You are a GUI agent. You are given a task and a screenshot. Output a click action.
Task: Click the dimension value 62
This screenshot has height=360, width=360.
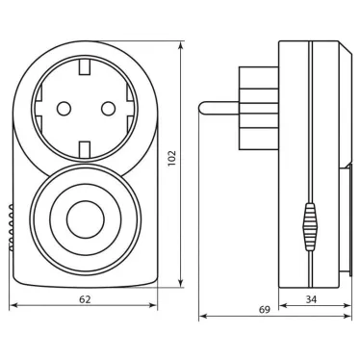[x=84, y=300]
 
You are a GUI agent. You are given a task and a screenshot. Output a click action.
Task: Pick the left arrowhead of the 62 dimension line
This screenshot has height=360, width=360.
[x=12, y=307]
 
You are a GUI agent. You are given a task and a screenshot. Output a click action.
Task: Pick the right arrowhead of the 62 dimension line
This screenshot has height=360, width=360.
[x=157, y=307]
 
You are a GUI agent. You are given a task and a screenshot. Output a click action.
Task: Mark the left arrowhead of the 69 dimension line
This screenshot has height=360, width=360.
[x=202, y=317]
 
